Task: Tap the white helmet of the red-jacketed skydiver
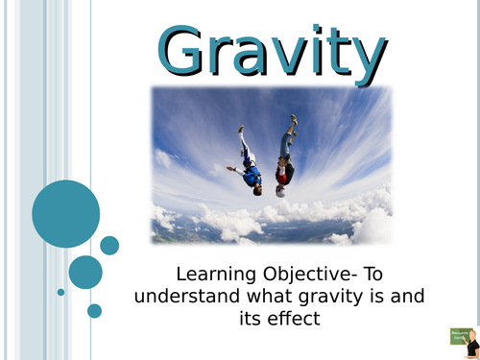pyautogui.click(x=280, y=190)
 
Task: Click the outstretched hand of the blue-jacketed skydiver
pyautogui.click(x=230, y=169)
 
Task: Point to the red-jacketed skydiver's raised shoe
pyautogui.click(x=293, y=119)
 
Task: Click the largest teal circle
pyautogui.click(x=65, y=213)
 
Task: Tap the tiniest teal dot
pyautogui.click(x=60, y=292)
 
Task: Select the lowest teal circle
pyautogui.click(x=94, y=310)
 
